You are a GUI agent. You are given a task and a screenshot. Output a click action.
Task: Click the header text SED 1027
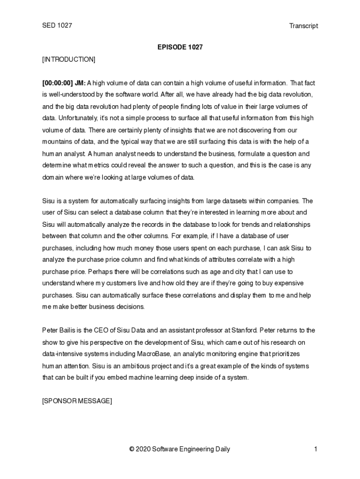pyautogui.click(x=57, y=25)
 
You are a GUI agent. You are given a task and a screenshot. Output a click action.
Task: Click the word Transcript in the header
pyautogui.click(x=303, y=26)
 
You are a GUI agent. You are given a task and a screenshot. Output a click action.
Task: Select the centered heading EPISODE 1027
pyautogui.click(x=180, y=47)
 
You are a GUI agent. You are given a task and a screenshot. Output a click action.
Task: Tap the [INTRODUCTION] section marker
pyautogui.click(x=69, y=59)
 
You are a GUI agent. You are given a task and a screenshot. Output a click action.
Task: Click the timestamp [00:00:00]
pyautogui.click(x=58, y=83)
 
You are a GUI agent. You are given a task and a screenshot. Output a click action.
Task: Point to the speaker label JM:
pyautogui.click(x=80, y=83)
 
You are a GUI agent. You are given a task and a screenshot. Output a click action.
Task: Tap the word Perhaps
pyautogui.click(x=100, y=271)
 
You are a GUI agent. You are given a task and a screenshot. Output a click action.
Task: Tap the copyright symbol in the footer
pyautogui.click(x=132, y=450)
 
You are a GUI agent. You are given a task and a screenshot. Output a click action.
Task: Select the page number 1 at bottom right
pyautogui.click(x=316, y=450)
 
